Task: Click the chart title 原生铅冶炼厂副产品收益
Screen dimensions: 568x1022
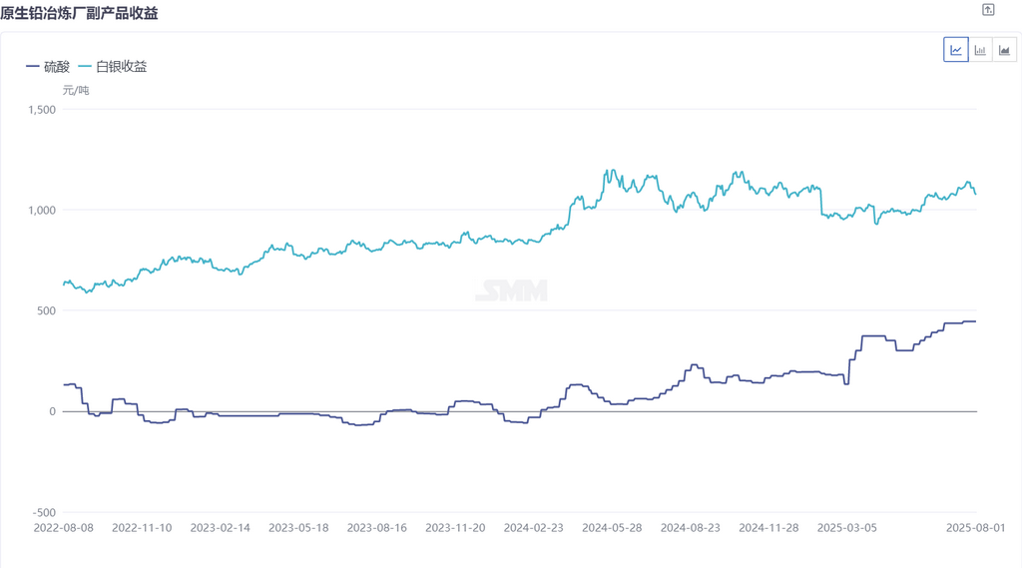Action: (80, 13)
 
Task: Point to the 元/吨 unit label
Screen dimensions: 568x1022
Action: (76, 90)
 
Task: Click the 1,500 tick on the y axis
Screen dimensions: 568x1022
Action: (42, 110)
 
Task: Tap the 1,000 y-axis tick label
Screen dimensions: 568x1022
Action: (42, 210)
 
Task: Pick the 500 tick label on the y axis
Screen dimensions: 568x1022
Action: (47, 310)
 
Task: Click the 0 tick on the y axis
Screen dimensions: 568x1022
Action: (53, 411)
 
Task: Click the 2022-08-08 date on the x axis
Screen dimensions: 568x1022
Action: (64, 527)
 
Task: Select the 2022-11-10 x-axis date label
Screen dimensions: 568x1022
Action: (143, 527)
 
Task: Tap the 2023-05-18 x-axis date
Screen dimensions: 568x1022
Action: (298, 527)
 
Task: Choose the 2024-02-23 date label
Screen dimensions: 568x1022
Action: (533, 527)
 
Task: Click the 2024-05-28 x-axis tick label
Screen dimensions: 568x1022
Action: (612, 527)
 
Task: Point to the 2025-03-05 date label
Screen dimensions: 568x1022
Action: (846, 527)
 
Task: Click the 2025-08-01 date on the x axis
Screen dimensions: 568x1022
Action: (975, 527)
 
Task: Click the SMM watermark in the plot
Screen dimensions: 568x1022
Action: (511, 290)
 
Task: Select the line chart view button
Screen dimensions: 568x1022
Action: (956, 50)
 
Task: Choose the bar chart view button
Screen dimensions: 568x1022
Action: (980, 50)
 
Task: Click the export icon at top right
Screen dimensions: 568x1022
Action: (988, 10)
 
